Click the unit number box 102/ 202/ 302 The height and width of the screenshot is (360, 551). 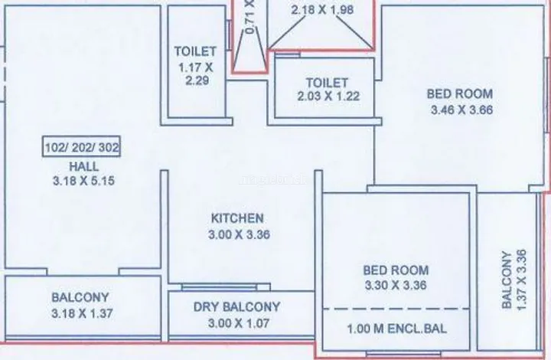82,146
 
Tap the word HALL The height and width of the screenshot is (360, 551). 84,166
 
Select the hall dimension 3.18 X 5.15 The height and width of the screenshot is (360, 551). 83,181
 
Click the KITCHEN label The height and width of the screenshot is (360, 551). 237,218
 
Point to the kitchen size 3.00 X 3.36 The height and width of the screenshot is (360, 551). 239,234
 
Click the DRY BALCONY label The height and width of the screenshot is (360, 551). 236,306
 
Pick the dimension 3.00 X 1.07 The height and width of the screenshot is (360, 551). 239,322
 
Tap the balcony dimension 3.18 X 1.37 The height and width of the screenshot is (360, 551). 82,313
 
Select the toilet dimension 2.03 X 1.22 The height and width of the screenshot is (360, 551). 328,96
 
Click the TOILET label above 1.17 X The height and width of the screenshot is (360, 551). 195,51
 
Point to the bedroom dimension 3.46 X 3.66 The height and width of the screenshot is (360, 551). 461,110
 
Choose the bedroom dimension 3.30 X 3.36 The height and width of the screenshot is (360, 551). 396,285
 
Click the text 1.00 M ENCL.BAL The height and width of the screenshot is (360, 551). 397,329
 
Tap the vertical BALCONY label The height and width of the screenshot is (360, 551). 507,280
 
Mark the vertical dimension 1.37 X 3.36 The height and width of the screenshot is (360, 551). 522,280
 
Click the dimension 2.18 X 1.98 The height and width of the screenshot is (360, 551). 322,9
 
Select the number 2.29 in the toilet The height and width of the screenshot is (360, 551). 197,80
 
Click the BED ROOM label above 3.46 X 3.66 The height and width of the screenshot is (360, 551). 460,94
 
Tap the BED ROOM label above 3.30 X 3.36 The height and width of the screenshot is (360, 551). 396,270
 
